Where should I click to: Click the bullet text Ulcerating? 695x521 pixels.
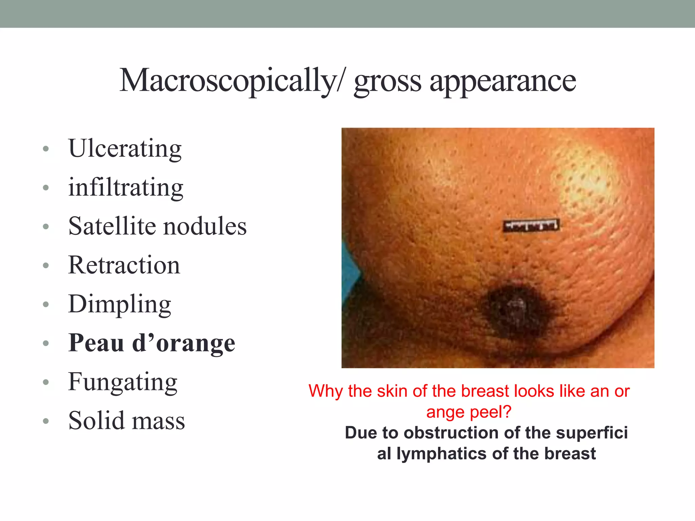[x=125, y=149]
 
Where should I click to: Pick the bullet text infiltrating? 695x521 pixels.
[x=126, y=187]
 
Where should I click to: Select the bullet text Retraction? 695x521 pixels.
[x=124, y=265]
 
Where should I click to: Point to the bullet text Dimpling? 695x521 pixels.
[x=120, y=305]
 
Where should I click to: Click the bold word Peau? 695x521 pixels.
[x=96, y=343]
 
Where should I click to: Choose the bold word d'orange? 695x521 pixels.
[x=184, y=343]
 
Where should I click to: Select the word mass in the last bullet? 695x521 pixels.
[x=158, y=423]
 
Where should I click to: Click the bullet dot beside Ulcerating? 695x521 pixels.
[x=46, y=149]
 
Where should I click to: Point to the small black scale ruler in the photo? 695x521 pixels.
[x=531, y=225]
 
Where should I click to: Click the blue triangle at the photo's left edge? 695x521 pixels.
[x=350, y=271]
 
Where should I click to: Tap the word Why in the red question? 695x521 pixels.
[x=326, y=391]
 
